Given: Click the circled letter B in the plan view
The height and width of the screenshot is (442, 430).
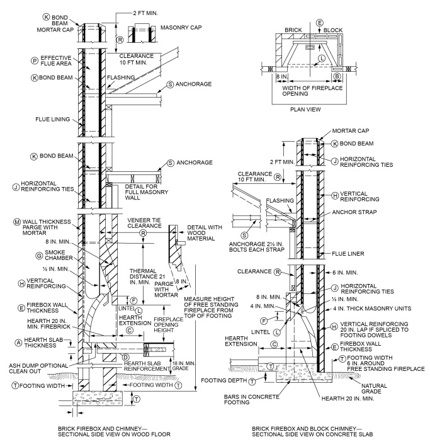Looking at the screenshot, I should click(337, 74).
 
